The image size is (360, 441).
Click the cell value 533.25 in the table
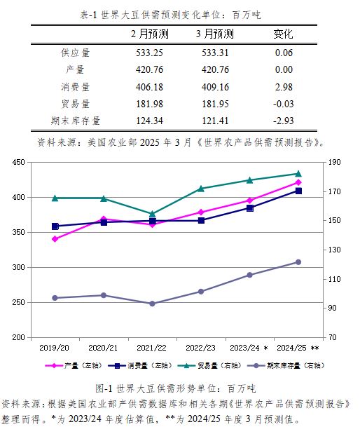[149, 53]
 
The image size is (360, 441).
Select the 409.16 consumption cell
[215, 87]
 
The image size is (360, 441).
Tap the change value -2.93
[283, 121]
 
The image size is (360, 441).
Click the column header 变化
[283, 34]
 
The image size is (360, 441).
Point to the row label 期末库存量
[76, 121]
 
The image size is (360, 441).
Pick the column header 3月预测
[215, 34]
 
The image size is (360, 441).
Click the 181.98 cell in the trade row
[149, 104]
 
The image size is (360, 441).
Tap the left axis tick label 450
[18, 162]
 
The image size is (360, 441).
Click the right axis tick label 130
[334, 250]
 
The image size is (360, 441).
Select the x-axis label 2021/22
[151, 348]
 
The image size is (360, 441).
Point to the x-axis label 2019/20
[54, 348]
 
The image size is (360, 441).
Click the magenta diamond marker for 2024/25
[298, 182]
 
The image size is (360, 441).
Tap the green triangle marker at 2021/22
[152, 214]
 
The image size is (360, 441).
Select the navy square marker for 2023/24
[250, 208]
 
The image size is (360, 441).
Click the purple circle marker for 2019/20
[55, 298]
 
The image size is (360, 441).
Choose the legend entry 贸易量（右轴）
[209, 365]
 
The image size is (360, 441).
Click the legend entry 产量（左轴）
[74, 365]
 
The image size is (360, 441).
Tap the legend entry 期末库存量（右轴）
[286, 365]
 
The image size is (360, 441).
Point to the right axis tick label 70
[333, 337]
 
